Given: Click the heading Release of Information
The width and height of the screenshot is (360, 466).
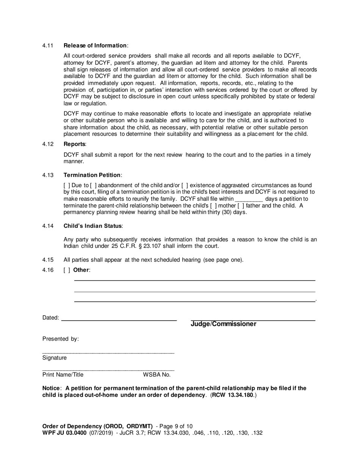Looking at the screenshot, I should pos(95,45).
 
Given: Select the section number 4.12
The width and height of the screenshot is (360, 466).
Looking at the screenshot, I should pos(47,144).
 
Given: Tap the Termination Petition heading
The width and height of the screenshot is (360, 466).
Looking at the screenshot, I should pos(92,175).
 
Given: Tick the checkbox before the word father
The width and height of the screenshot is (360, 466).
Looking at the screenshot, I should pos(240,206).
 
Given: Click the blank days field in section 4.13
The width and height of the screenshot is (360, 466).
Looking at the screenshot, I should pos(249,199).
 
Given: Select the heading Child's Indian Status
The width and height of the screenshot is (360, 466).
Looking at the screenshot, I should pos(93,226).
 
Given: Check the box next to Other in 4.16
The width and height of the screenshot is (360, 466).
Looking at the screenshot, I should pos(67,270).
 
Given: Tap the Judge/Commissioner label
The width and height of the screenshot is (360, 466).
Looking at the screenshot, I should pos(223,324).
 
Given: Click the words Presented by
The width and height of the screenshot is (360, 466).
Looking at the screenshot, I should pos(60,339).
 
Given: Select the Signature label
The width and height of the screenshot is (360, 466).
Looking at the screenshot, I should pos(54,358).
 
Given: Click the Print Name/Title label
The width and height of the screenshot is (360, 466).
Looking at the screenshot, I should pos(63,375).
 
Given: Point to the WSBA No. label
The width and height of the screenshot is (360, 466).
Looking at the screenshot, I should pos(157,375).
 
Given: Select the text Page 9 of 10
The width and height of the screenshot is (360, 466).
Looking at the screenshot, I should pos(177,426).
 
